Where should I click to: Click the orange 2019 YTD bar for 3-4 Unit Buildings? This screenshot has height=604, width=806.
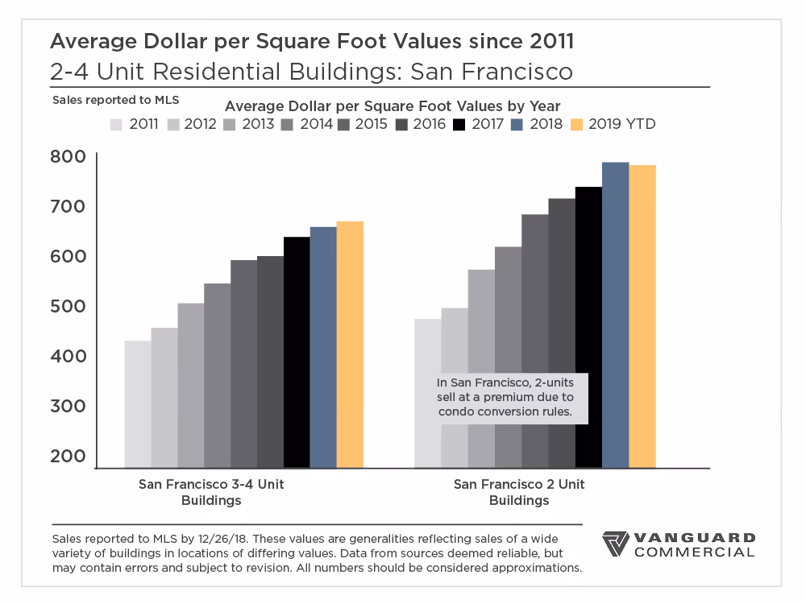click(x=350, y=344)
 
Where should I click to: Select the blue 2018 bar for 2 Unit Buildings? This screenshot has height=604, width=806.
click(x=615, y=315)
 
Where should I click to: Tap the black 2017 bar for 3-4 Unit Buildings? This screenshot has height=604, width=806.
click(x=297, y=352)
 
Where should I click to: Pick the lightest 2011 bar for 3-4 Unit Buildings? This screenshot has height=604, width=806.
click(x=138, y=403)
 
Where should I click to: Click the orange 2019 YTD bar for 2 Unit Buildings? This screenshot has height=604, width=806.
click(x=642, y=316)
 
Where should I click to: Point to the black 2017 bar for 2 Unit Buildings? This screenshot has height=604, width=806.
click(x=588, y=327)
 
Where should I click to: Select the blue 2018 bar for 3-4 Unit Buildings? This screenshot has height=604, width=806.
click(x=323, y=347)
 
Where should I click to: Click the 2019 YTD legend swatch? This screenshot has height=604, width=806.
click(x=577, y=124)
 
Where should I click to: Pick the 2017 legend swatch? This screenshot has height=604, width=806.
click(x=459, y=124)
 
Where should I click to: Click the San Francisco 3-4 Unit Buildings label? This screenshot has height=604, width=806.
click(x=211, y=492)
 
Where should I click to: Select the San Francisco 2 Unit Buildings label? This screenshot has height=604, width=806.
click(x=519, y=492)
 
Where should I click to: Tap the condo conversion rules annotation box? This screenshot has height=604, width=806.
click(x=505, y=397)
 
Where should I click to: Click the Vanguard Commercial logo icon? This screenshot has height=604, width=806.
click(x=616, y=544)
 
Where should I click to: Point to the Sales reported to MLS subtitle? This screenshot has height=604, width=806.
click(x=115, y=101)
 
